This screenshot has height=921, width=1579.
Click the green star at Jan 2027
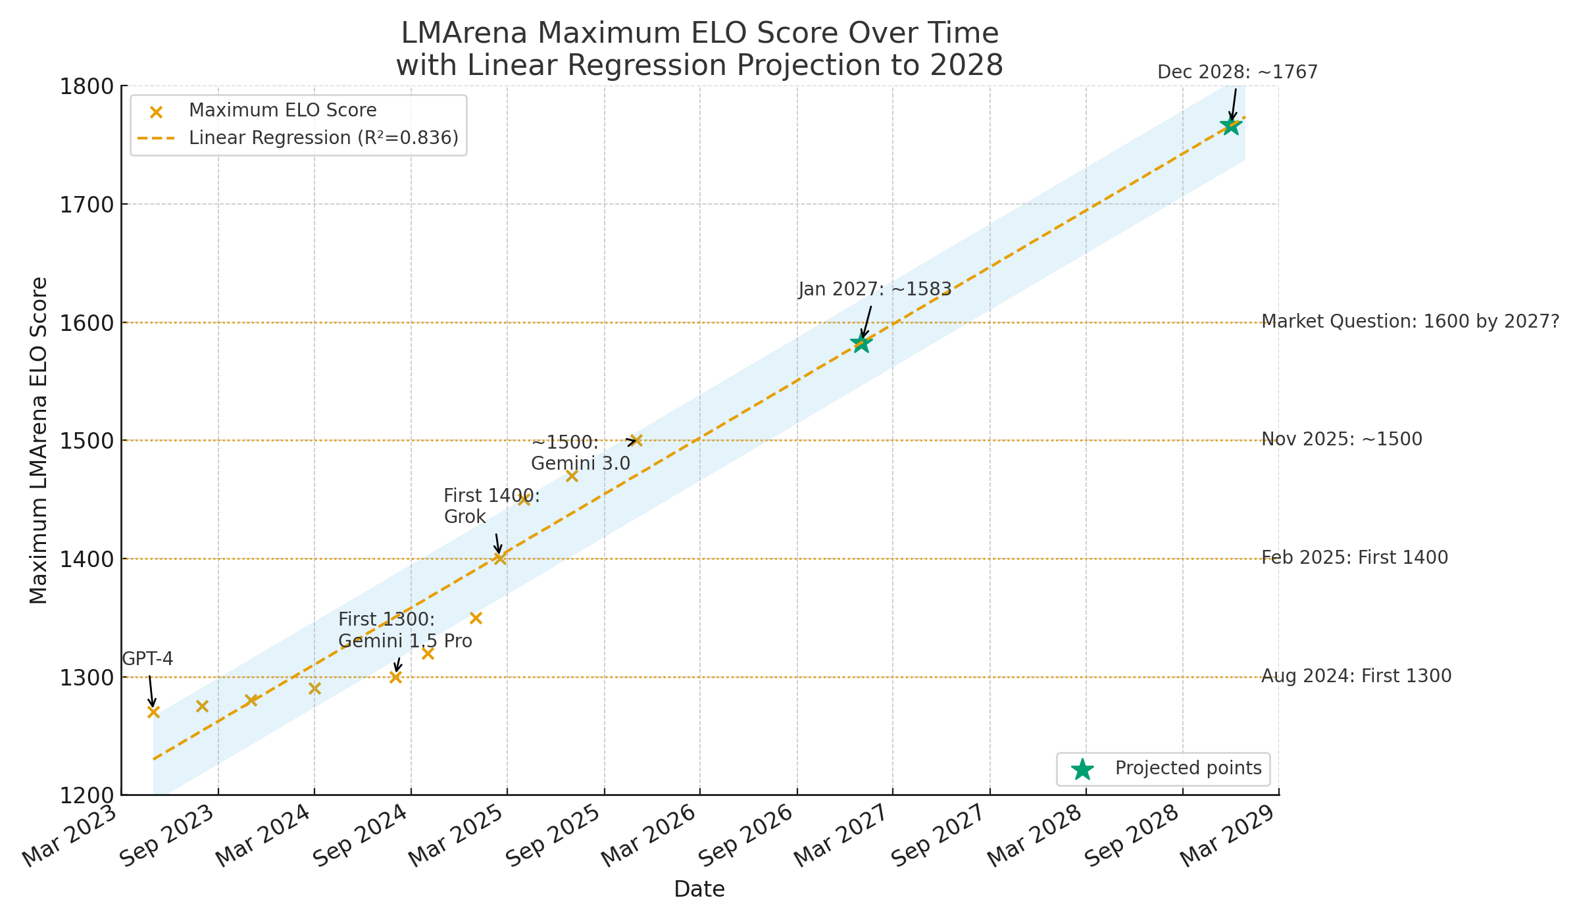pyautogui.click(x=861, y=343)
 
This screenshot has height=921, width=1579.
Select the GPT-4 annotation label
pyautogui.click(x=147, y=659)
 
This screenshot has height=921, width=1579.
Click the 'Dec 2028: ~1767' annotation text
pyautogui.click(x=1237, y=72)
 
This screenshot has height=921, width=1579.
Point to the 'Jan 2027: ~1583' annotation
pyautogui.click(x=875, y=289)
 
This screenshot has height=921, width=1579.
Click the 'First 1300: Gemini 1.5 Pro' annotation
pyautogui.click(x=405, y=630)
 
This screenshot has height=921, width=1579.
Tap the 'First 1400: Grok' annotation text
pyautogui.click(x=491, y=506)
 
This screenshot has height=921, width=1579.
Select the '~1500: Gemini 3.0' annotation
pyautogui.click(x=580, y=453)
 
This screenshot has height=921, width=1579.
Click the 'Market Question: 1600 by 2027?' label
pyautogui.click(x=1410, y=322)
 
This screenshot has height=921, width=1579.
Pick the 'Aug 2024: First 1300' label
pyautogui.click(x=1356, y=676)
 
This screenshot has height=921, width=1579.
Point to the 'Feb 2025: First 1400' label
pyautogui.click(x=1355, y=558)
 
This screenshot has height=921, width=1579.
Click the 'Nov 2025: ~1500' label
pyautogui.click(x=1341, y=439)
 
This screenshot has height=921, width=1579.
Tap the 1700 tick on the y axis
pyautogui.click(x=87, y=205)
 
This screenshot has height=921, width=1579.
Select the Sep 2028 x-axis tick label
pyautogui.click(x=1131, y=835)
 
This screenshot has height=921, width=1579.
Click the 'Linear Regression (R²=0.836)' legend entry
pyautogui.click(x=323, y=138)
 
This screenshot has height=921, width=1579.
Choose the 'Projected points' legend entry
pyautogui.click(x=1188, y=768)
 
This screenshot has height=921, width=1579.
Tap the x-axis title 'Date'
pyautogui.click(x=699, y=889)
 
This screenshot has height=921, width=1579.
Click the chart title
pyautogui.click(x=699, y=49)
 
